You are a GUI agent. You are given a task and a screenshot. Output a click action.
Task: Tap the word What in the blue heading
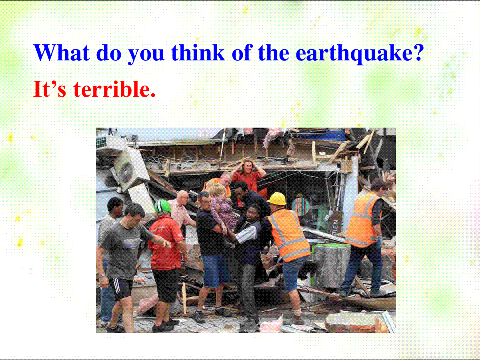[x=62, y=52]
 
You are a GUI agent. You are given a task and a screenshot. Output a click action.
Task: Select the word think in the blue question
[x=198, y=52]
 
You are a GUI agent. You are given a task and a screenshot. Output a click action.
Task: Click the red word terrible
[x=114, y=89]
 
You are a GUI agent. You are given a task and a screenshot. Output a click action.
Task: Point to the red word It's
[x=50, y=89]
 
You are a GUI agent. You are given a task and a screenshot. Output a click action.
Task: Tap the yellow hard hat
[x=277, y=198]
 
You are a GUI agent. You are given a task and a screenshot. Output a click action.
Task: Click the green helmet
[x=162, y=206]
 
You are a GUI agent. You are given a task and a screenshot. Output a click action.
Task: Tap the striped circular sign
[x=301, y=206]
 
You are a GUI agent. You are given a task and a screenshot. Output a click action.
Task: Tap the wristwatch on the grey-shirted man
[x=101, y=276]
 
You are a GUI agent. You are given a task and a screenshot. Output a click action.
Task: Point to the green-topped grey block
[x=330, y=264]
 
